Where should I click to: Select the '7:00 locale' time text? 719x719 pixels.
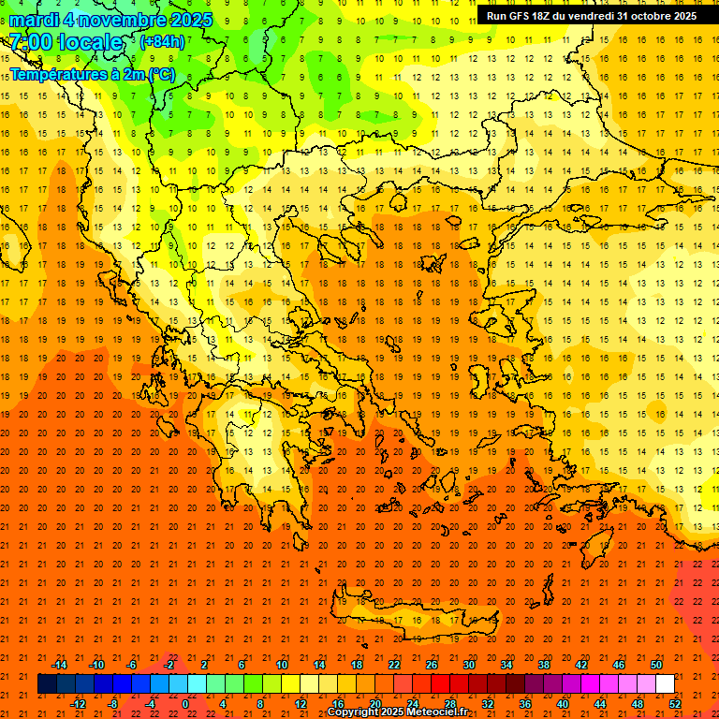[66, 42]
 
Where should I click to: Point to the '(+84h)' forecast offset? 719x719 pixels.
[162, 41]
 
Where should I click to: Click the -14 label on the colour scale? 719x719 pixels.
[59, 665]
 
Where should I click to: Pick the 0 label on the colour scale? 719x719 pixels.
[184, 703]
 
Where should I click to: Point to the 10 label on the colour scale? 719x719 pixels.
[281, 665]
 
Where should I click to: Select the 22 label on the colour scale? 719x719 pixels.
[394, 665]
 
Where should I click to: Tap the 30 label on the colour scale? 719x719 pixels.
[469, 665]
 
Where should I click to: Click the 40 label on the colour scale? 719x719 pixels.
[563, 703]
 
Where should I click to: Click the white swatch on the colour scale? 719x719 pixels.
[665, 683]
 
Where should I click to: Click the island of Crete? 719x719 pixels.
[412, 622]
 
